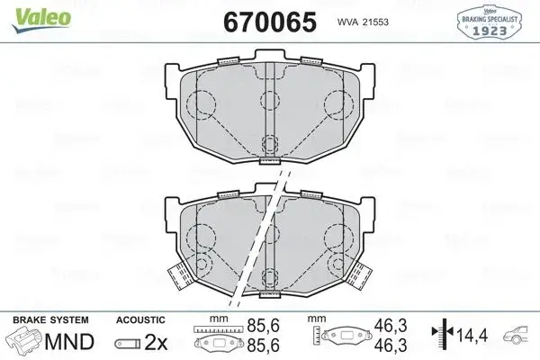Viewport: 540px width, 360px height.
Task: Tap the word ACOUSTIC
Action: (140, 320)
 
